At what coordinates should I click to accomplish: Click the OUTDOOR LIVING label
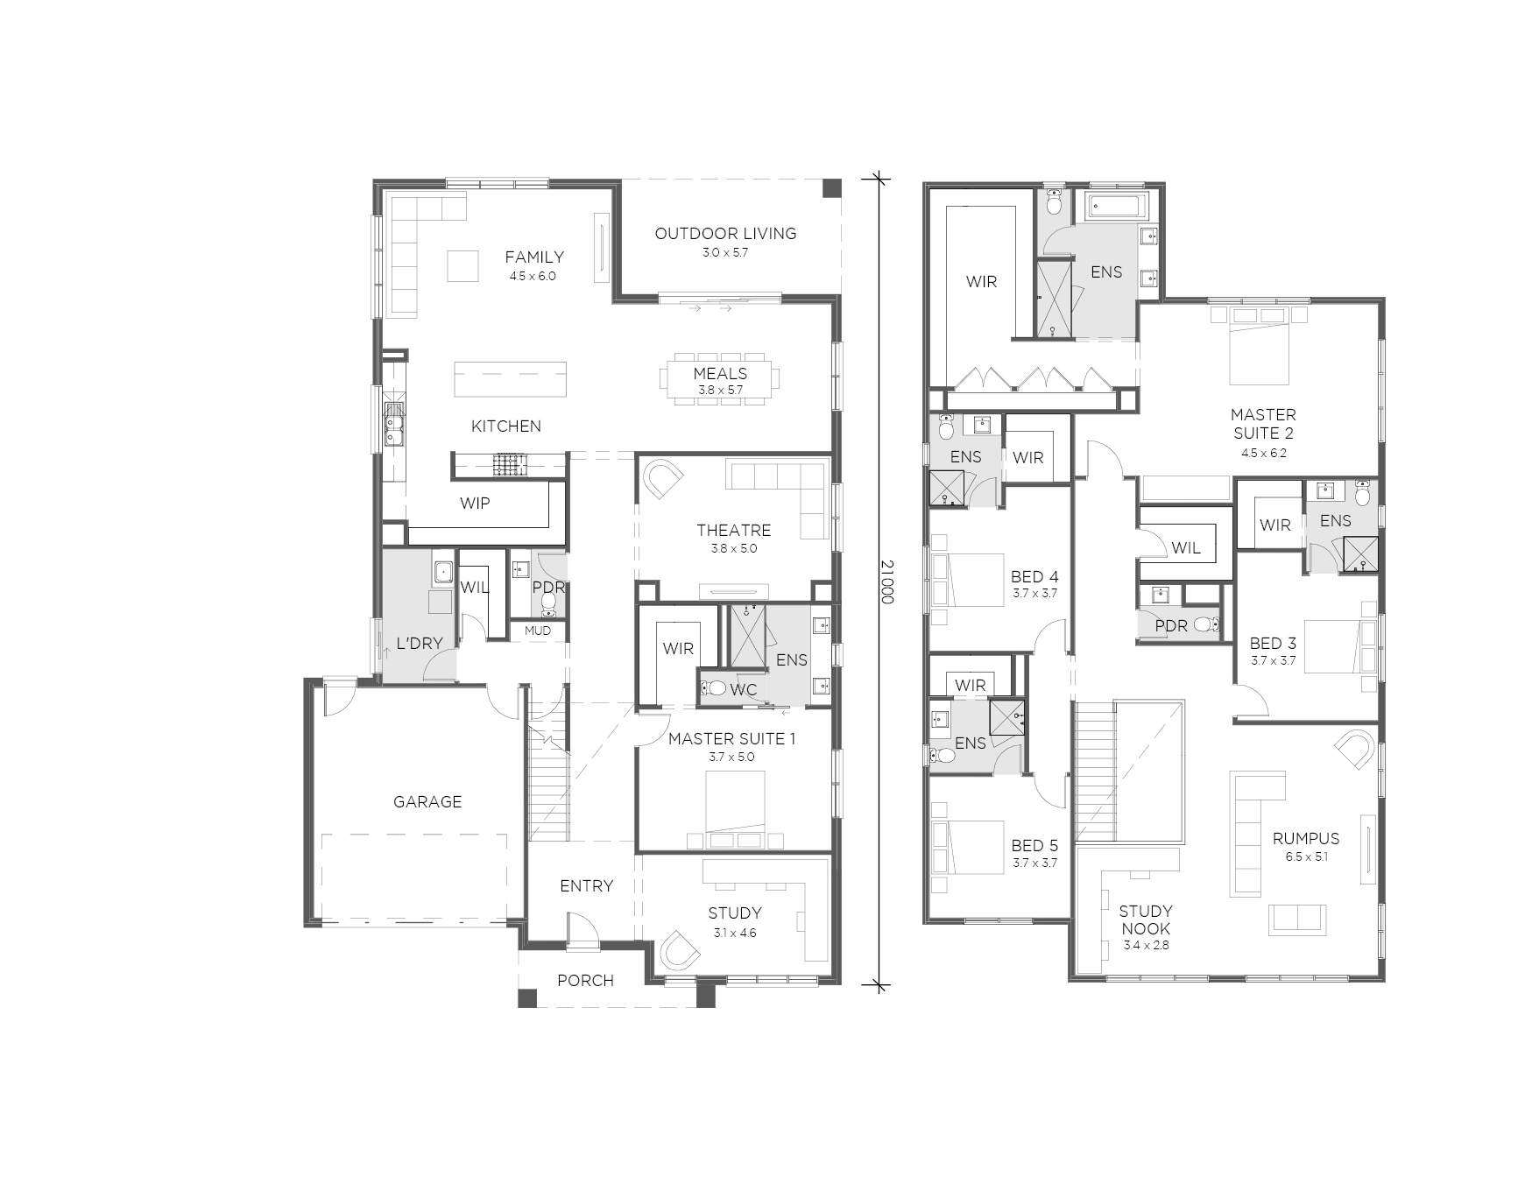(x=725, y=234)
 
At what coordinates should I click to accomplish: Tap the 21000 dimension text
(x=887, y=582)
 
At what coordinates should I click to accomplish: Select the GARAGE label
(x=427, y=801)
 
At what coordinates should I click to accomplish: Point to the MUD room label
(x=538, y=631)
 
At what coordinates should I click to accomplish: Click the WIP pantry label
(x=475, y=504)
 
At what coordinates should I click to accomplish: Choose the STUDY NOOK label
(x=1146, y=920)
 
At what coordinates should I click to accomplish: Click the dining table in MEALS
(x=720, y=379)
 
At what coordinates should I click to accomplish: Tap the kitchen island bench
(x=510, y=379)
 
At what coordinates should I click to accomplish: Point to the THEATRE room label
(x=734, y=530)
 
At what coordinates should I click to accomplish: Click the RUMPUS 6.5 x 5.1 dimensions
(x=1307, y=857)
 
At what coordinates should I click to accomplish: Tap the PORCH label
(x=585, y=981)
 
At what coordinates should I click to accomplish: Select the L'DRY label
(x=420, y=644)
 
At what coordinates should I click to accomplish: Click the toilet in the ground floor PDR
(x=550, y=602)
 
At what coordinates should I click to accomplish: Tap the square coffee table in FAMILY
(x=463, y=266)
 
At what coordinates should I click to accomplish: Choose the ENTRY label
(x=586, y=886)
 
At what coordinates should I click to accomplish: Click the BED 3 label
(x=1273, y=644)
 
